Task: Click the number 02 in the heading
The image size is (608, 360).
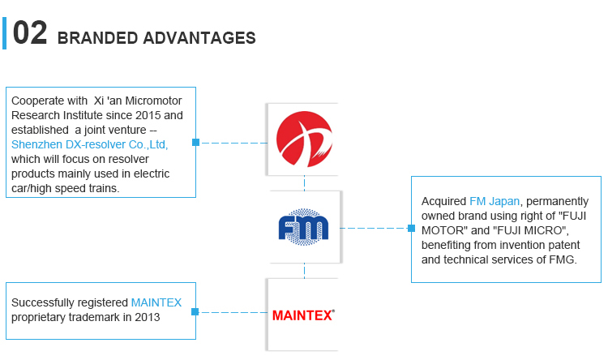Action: click(30, 33)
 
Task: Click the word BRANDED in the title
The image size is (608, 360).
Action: click(98, 38)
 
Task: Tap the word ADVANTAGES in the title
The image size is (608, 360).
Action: click(199, 38)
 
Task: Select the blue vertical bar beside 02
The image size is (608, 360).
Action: click(4, 33)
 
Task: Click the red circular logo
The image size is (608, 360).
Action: click(304, 139)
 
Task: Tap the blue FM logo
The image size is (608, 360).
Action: click(304, 227)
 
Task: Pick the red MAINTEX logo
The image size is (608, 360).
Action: click(303, 315)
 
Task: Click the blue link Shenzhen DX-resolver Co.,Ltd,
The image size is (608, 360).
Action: click(89, 144)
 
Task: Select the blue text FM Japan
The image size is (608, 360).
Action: click(495, 201)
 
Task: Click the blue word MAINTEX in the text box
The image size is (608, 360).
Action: click(156, 302)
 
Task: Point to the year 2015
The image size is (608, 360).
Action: click(148, 115)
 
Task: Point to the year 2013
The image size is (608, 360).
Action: click(148, 317)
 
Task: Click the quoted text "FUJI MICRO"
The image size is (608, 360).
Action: click(530, 230)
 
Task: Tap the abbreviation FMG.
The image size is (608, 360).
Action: click(562, 259)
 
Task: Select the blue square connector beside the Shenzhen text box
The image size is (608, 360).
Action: click(196, 143)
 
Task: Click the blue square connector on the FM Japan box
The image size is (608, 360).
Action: click(411, 228)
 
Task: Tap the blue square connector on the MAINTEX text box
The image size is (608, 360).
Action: click(195, 311)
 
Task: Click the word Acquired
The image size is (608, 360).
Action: click(443, 201)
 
